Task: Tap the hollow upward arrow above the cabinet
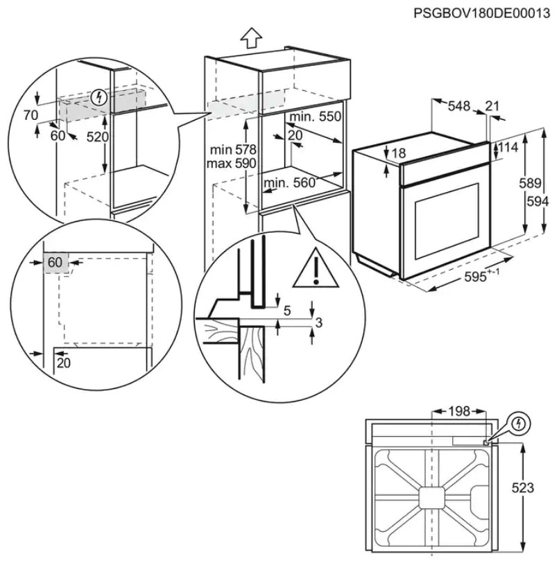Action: tap(252, 37)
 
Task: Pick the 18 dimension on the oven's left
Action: tap(397, 153)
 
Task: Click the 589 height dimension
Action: tap(530, 184)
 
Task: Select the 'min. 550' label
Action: tap(316, 117)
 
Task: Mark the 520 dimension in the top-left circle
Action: tap(98, 137)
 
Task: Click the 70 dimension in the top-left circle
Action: tap(30, 116)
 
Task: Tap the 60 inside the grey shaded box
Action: tap(55, 262)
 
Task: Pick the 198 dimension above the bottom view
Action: tap(458, 412)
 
